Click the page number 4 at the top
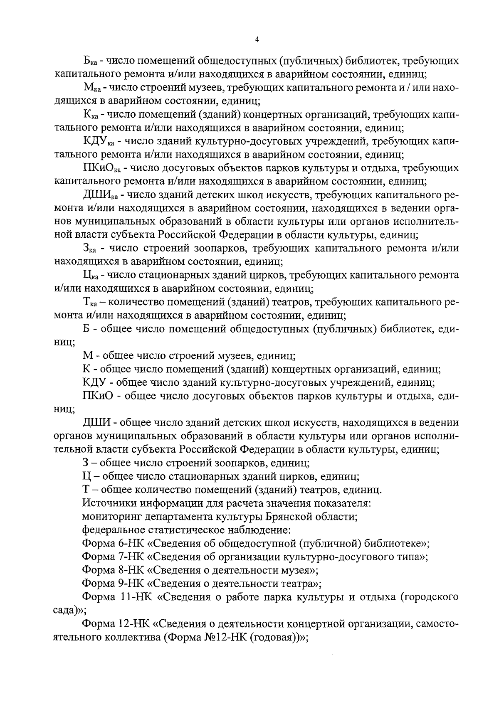tap(257, 39)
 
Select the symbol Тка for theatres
tap(89, 302)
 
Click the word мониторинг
tap(109, 517)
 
